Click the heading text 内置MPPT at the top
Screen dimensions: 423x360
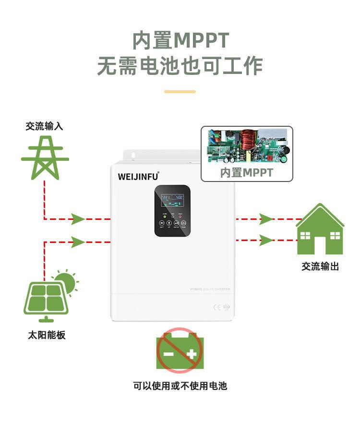(x=180, y=40)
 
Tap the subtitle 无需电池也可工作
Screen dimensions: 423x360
(x=180, y=66)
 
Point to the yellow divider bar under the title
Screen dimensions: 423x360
(x=180, y=91)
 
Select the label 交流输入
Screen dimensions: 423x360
(x=44, y=126)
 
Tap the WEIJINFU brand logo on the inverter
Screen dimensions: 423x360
(x=138, y=176)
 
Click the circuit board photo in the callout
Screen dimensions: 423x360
(x=247, y=147)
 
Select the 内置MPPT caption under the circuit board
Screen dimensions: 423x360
(x=247, y=173)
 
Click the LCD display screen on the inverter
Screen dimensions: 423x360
(x=172, y=200)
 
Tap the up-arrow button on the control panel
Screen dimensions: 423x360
(x=169, y=223)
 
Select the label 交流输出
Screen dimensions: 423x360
(x=320, y=266)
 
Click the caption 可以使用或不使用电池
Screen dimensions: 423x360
(x=180, y=386)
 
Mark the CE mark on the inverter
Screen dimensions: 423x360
(x=216, y=306)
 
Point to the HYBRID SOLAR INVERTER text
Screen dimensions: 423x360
(x=210, y=289)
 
